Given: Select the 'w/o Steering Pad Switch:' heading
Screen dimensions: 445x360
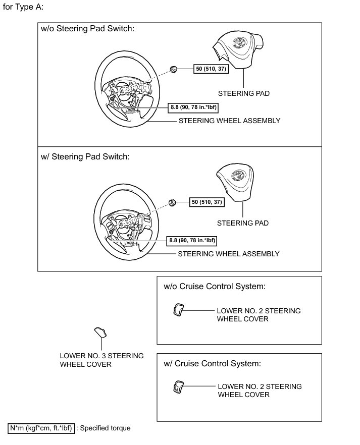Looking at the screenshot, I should tap(87, 29).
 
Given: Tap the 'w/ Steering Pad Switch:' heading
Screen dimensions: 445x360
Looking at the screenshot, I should tap(85, 156).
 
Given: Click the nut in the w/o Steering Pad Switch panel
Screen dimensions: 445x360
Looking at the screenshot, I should tap(173, 69).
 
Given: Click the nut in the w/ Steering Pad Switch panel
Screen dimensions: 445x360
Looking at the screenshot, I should tap(172, 202).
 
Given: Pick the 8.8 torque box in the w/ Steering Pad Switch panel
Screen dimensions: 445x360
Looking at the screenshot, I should tap(192, 241).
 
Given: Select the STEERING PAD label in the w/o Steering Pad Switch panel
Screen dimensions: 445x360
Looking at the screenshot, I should tap(244, 93).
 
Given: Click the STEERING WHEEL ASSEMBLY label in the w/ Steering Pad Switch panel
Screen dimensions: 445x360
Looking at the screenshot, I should tap(229, 254).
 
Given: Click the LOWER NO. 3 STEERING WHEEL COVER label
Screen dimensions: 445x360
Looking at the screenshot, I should tap(101, 360).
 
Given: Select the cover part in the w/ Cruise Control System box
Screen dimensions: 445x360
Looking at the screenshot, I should tap(179, 386).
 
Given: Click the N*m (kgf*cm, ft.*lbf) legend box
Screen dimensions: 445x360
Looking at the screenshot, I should tap(42, 428).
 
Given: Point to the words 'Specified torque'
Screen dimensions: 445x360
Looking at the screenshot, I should tap(105, 428).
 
